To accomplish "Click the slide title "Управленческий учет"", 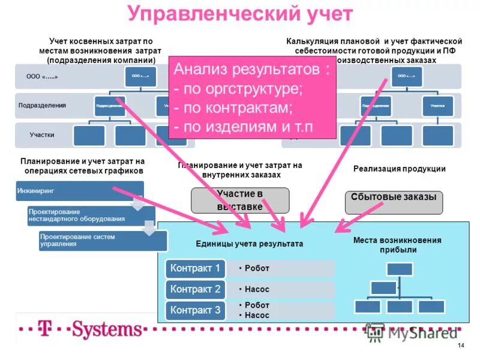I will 240,14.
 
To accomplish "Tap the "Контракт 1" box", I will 196,268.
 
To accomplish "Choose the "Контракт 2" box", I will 196,289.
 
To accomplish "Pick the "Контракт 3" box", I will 196,310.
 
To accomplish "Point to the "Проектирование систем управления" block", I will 102,241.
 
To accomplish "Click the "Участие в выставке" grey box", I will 240,200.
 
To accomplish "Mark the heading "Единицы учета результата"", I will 249,244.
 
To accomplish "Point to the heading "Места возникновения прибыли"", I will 397,245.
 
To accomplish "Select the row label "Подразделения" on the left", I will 42,105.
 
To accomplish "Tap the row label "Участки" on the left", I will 42,135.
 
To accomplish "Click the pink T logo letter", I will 43,329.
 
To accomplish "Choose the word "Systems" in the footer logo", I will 108,329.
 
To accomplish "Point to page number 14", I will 460,347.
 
